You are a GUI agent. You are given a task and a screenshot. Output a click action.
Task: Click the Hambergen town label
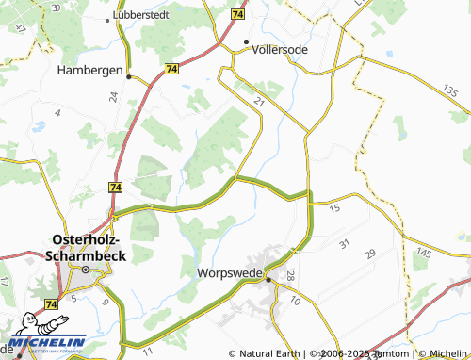pyautogui.click(x=89, y=70)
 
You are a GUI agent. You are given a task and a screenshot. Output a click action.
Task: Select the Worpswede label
pyautogui.click(x=229, y=274)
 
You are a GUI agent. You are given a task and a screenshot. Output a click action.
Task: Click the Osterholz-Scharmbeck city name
pyautogui.click(x=83, y=248)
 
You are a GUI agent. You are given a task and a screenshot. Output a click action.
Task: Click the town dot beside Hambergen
pyautogui.click(x=129, y=78)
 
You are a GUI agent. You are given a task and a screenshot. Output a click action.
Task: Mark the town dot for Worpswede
pyautogui.click(x=268, y=279)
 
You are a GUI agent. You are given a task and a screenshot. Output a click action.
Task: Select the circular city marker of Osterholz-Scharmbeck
pyautogui.click(x=84, y=270)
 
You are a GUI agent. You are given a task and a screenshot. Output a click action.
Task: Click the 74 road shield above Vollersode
pyautogui.click(x=236, y=16)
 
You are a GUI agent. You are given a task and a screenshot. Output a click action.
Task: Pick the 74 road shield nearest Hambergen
pyautogui.click(x=171, y=69)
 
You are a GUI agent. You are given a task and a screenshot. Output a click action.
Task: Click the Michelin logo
pyautogui.click(x=47, y=342)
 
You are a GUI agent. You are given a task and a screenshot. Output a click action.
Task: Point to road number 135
pyautogui.click(x=449, y=91)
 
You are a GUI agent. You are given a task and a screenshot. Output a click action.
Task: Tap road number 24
pyautogui.click(x=112, y=96)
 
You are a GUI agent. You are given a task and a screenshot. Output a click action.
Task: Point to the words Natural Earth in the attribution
pyautogui.click(x=268, y=353)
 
